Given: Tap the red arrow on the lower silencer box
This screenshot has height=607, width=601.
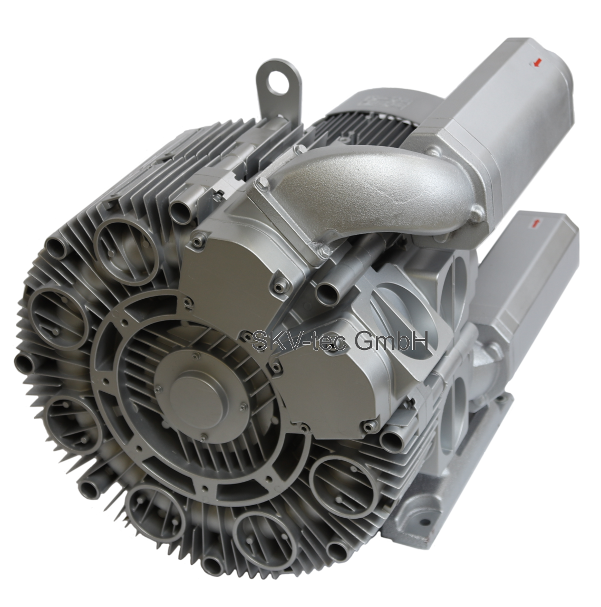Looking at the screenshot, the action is (x=536, y=222).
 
